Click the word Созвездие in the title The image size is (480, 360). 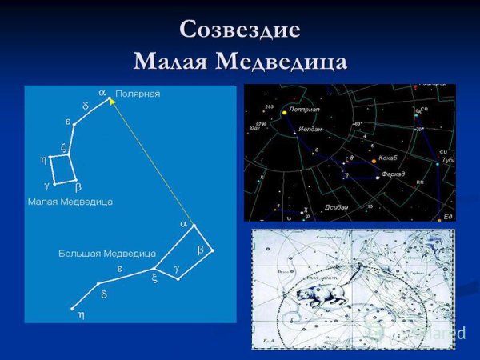click(x=240, y=30)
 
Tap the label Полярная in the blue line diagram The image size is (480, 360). click(x=138, y=94)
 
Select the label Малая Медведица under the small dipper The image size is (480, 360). click(x=70, y=202)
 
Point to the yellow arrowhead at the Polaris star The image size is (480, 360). click(x=112, y=101)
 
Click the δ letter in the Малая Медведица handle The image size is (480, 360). click(x=86, y=106)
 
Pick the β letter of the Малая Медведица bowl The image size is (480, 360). click(x=78, y=186)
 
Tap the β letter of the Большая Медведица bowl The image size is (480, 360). click(x=201, y=250)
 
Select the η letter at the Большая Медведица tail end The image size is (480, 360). click(x=80, y=315)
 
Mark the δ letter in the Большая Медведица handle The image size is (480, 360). click(x=104, y=294)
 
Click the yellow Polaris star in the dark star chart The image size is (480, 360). click(x=285, y=113)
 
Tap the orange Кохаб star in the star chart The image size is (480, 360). click(x=373, y=161)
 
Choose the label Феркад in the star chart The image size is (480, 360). click(x=393, y=174)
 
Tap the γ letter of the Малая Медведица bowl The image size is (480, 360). click(x=46, y=185)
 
